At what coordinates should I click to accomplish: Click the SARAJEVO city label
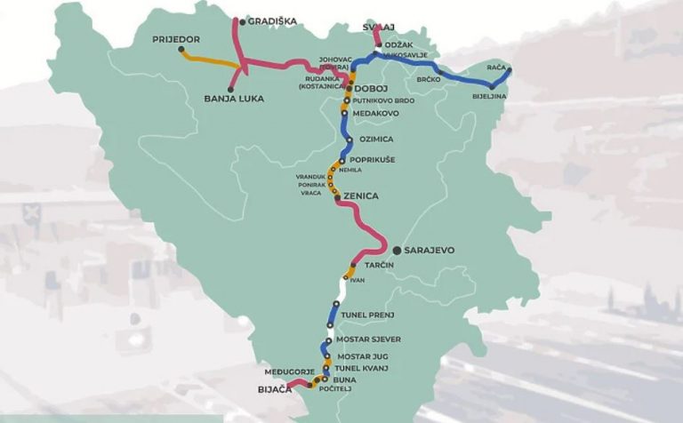pyautogui.click(x=429, y=251)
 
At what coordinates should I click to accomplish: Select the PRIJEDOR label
pyautogui.click(x=176, y=39)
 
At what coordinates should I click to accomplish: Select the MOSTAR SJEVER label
pyautogui.click(x=370, y=339)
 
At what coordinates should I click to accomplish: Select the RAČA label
pyautogui.click(x=496, y=67)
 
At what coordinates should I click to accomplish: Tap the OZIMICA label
pyautogui.click(x=373, y=140)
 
